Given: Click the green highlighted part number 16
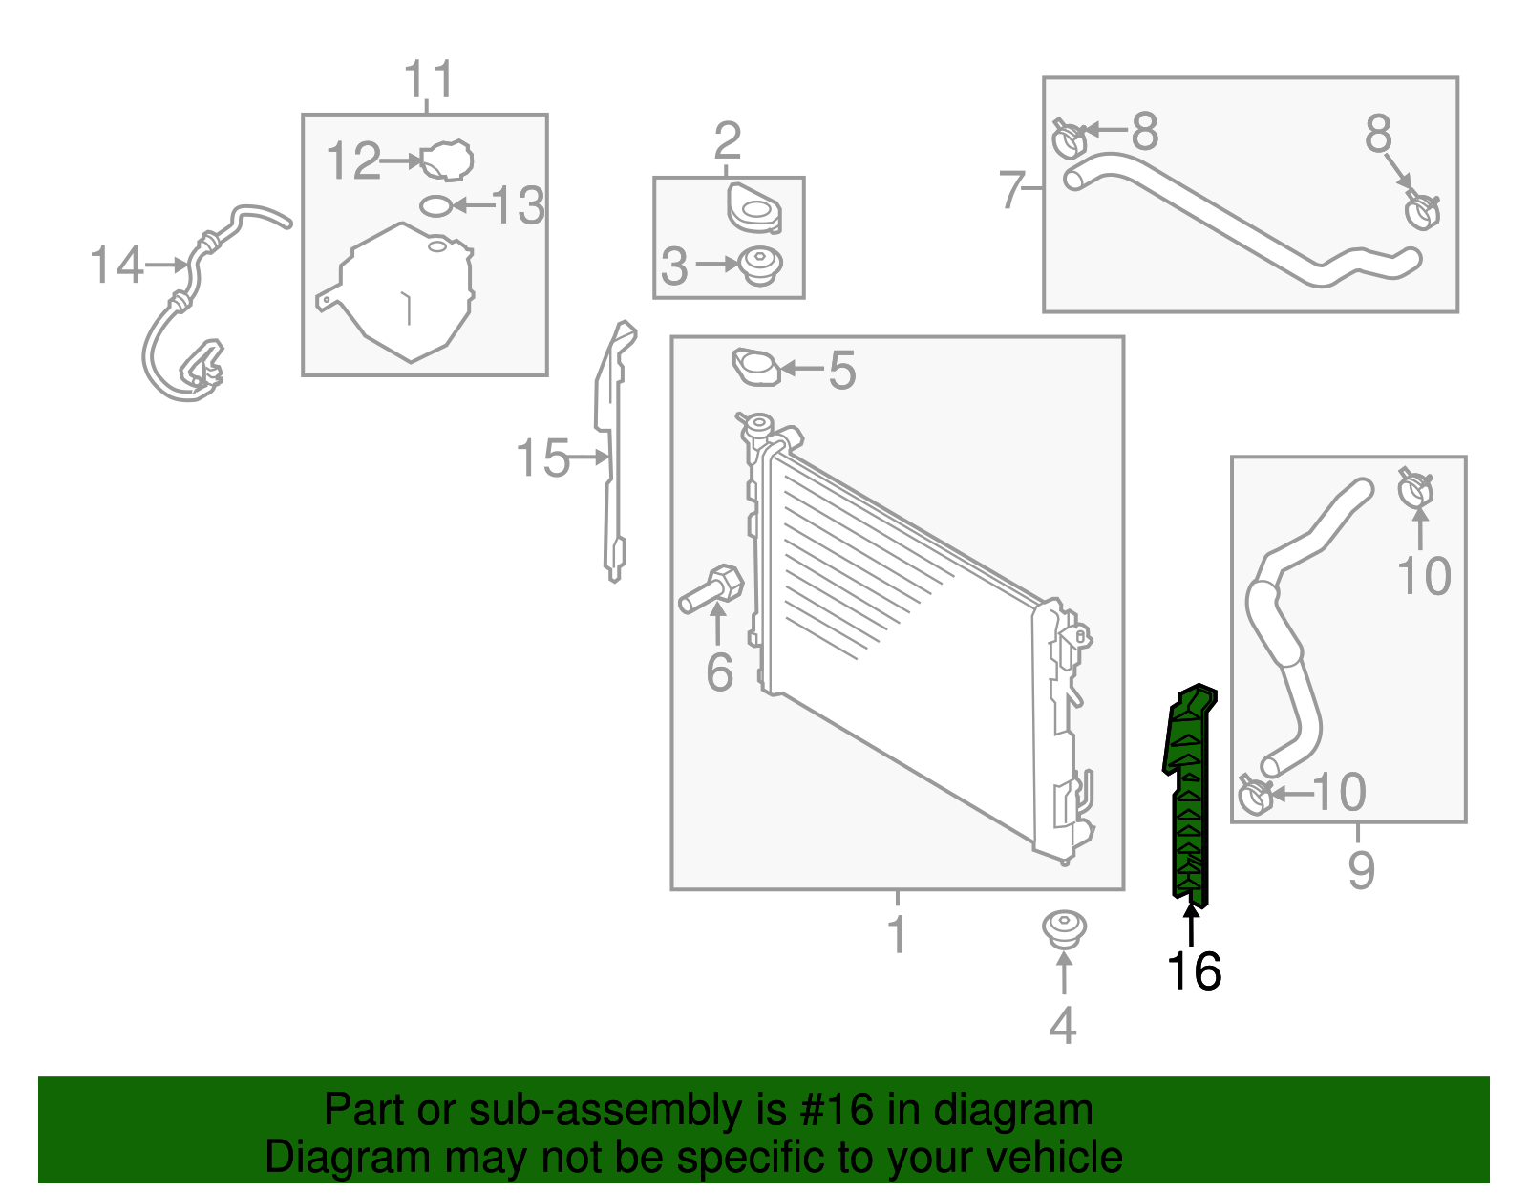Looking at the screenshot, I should tap(1190, 793).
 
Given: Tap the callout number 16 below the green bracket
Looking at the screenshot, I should tap(1194, 971).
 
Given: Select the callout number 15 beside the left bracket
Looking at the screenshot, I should tap(542, 458).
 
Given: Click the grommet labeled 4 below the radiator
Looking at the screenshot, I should tap(1063, 929).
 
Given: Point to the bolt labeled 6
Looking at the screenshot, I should tap(712, 587).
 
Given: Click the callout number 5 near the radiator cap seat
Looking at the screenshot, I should tap(841, 370).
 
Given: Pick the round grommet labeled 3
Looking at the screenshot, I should tap(761, 265).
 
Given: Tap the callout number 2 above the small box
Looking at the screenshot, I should tap(727, 141).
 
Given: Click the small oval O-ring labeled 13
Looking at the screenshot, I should tap(435, 205).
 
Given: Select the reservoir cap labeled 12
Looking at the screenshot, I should tap(447, 160).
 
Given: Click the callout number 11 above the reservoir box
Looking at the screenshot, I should tap(429, 80).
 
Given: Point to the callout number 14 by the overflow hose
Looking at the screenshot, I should tap(117, 265).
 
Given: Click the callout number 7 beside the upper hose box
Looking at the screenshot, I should tap(1011, 189).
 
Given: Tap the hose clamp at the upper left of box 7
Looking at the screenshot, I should tap(1069, 138).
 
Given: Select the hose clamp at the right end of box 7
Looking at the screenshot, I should tap(1422, 209).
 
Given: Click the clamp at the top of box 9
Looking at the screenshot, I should tap(1415, 489).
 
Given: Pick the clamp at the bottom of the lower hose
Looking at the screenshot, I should tap(1254, 795).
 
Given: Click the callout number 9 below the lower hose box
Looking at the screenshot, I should tap(1361, 869).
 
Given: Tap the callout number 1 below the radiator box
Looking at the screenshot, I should tap(896, 933).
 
